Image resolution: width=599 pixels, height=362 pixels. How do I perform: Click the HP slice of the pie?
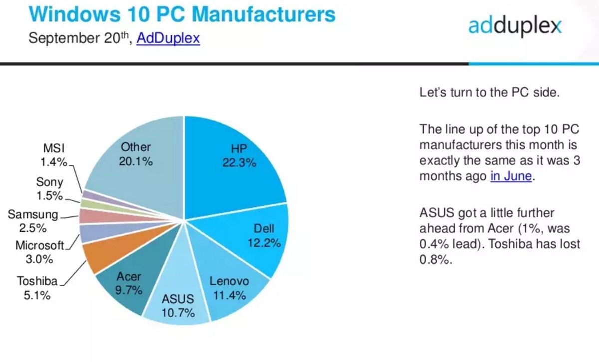click(x=235, y=165)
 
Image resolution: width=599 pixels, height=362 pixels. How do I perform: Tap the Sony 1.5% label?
click(x=49, y=189)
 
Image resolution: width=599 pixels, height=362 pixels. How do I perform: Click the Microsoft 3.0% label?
click(x=40, y=252)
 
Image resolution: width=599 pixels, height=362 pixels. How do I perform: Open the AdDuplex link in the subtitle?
click(x=168, y=38)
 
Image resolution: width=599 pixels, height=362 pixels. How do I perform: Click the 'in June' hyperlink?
click(x=511, y=176)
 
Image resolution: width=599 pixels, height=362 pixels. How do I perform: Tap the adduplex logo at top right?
click(x=515, y=25)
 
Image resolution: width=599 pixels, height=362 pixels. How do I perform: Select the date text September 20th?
click(x=80, y=38)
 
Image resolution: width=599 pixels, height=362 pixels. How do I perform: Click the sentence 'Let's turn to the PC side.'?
click(x=487, y=93)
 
